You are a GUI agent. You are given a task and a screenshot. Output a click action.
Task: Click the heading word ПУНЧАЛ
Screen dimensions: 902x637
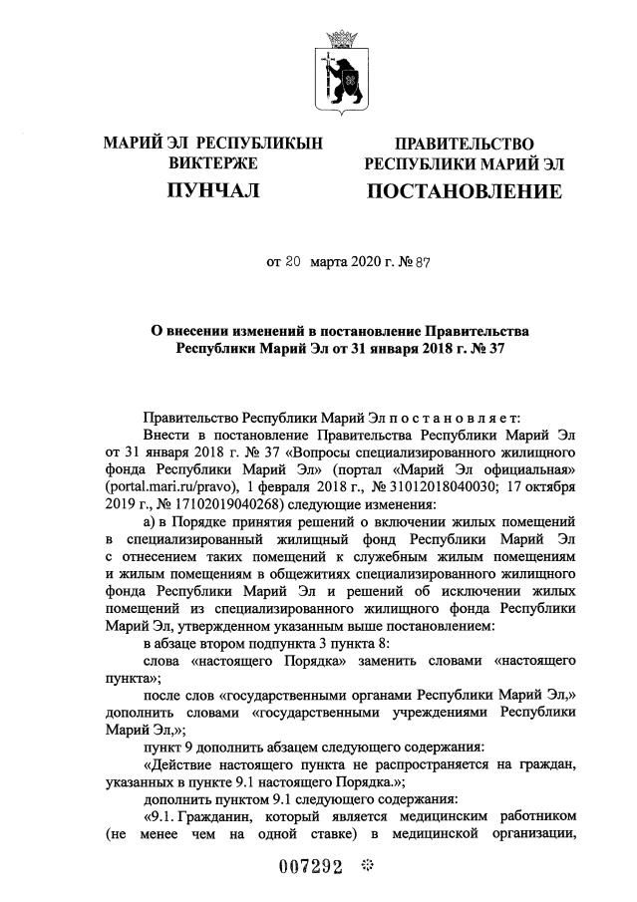point(212,190)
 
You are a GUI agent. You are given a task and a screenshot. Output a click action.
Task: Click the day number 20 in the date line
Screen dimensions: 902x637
point(292,264)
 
